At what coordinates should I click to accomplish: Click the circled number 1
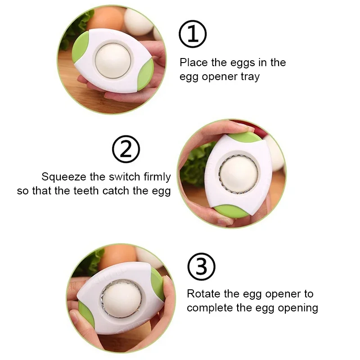pos(193,34)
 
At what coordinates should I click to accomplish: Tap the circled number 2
pos(126,149)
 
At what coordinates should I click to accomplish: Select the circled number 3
pos(202,266)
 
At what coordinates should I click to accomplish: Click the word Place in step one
pos(193,63)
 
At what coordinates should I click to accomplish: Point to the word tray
pos(250,76)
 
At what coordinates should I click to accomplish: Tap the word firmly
pos(157,177)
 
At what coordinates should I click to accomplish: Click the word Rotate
pos(204,294)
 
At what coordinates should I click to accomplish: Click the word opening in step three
pos(298,308)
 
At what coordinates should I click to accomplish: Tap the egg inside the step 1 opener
pos(113,60)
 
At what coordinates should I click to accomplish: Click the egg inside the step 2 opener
pos(239,174)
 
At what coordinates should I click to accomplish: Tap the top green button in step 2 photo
pos(244,135)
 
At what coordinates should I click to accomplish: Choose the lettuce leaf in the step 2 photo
pos(195,164)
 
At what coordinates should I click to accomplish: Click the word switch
pos(125,177)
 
